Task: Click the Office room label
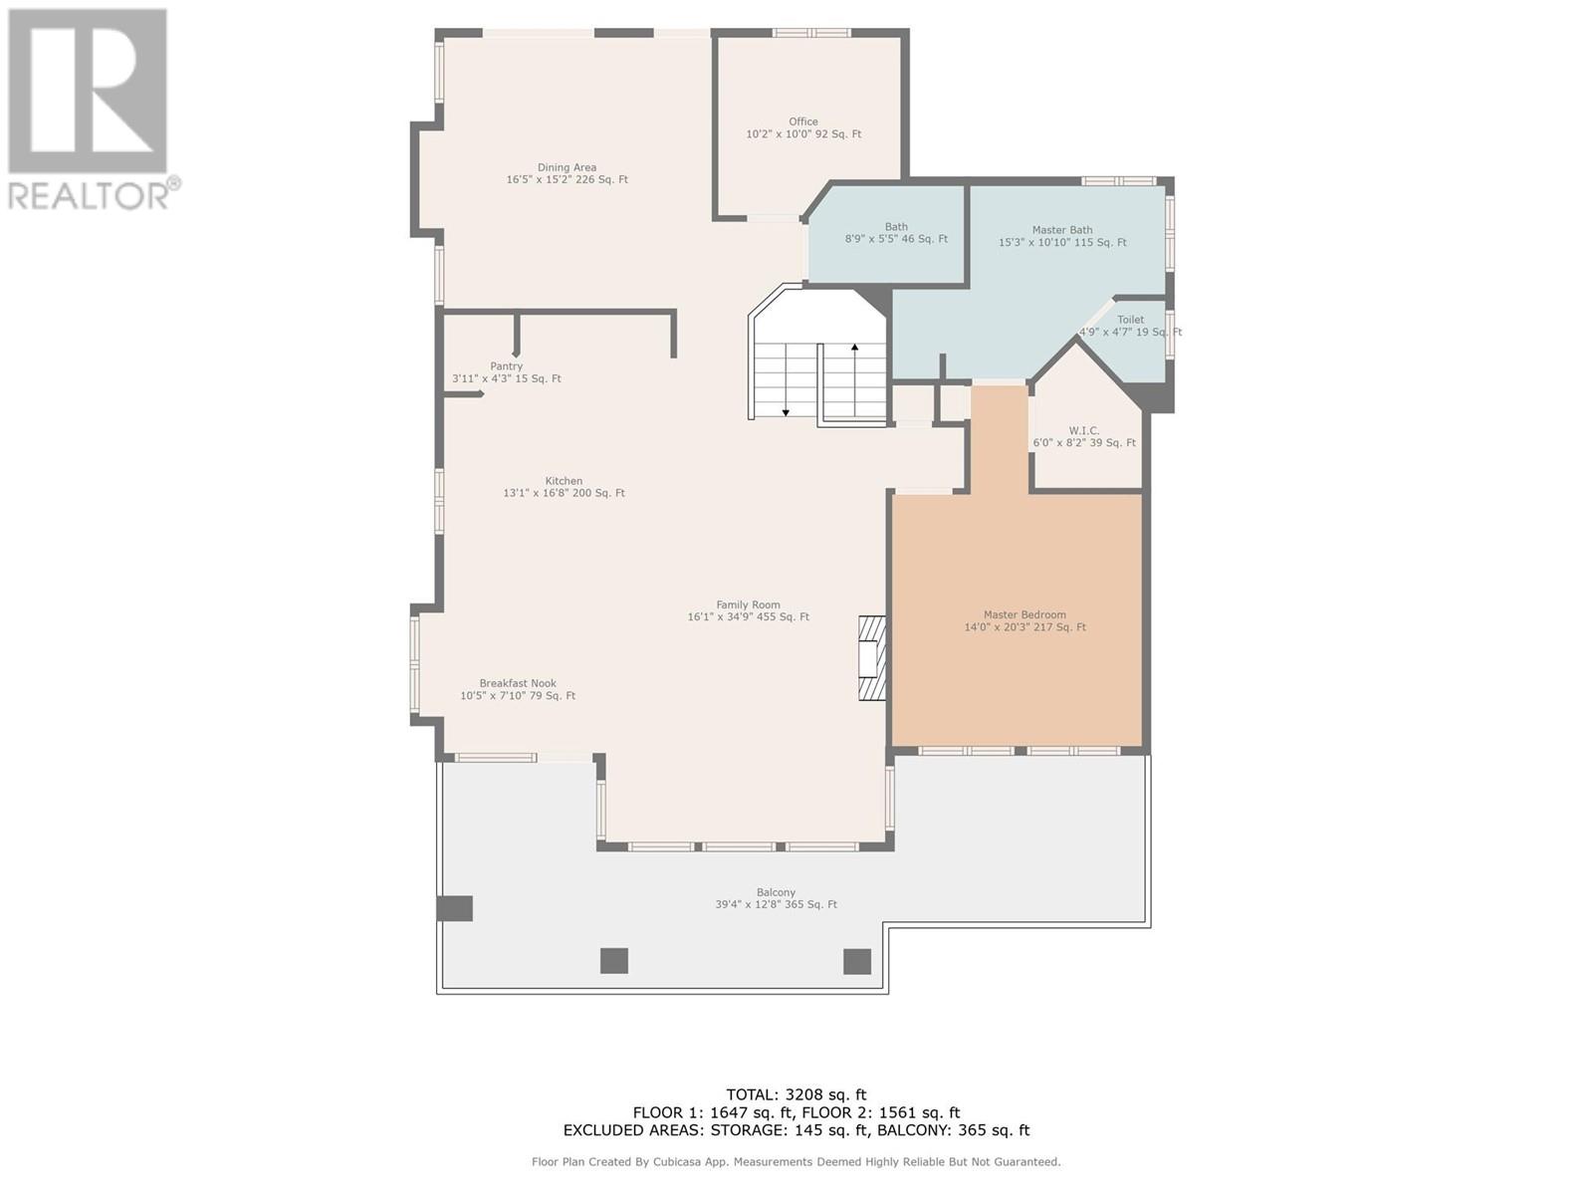pos(802,121)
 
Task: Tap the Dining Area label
pos(567,167)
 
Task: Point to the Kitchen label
pos(564,481)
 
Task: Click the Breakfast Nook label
pos(518,683)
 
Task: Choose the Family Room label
pos(749,605)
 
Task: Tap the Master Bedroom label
pos(1024,615)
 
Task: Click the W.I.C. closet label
pos(1084,431)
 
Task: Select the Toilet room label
pos(1131,320)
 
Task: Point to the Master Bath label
pos(1061,230)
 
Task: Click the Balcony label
pos(776,892)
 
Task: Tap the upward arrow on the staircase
pos(855,380)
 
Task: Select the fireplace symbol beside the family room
pos(872,658)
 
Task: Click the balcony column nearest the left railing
pos(454,908)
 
